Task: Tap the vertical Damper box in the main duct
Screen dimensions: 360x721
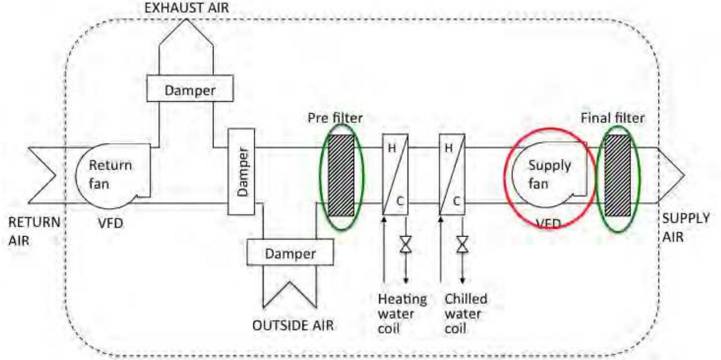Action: (241, 171)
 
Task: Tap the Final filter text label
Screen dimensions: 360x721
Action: (613, 119)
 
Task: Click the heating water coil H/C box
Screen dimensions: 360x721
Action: (395, 175)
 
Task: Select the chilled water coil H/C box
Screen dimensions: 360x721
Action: (452, 175)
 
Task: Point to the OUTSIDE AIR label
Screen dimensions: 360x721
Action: (293, 326)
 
